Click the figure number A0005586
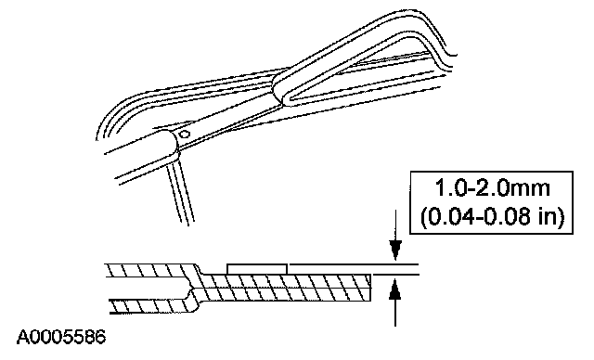(x=61, y=338)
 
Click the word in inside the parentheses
(x=547, y=217)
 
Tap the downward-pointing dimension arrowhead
(x=395, y=250)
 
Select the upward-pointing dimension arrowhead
(x=395, y=289)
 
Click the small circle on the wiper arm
(x=185, y=134)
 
